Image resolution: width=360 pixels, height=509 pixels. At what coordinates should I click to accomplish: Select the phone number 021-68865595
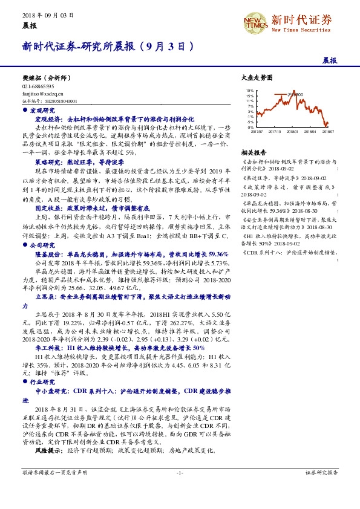tap(38, 86)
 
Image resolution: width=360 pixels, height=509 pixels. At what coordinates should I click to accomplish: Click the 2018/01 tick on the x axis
tap(293, 131)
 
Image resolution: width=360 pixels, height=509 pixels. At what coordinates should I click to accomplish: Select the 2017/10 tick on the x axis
tap(274, 131)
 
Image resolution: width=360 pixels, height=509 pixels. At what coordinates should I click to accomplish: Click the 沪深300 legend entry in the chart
tap(295, 94)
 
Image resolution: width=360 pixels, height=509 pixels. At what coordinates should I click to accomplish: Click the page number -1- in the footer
tap(180, 472)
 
